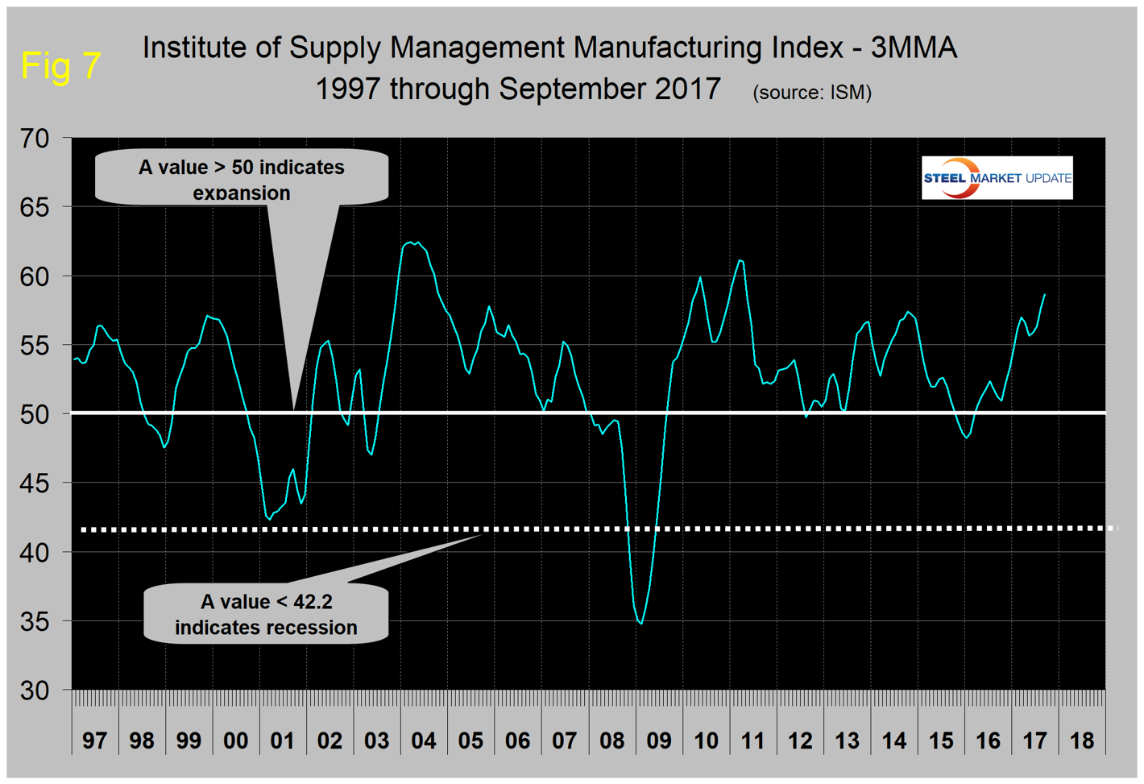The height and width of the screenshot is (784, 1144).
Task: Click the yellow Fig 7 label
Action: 60,65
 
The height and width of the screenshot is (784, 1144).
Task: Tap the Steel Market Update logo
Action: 997,178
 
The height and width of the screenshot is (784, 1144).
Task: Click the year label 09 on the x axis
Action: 658,740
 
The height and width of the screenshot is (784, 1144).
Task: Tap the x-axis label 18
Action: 1082,740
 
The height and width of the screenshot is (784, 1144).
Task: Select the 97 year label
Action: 94,740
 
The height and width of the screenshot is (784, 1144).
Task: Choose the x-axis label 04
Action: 424,740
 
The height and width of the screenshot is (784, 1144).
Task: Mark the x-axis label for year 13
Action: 847,740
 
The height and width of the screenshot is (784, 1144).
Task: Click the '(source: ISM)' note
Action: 812,93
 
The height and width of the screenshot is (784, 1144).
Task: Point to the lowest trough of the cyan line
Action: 640,623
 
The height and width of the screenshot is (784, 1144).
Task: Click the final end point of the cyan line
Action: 1045,295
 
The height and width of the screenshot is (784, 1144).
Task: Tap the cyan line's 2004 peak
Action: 412,242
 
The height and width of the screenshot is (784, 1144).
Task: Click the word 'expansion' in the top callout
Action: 241,193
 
